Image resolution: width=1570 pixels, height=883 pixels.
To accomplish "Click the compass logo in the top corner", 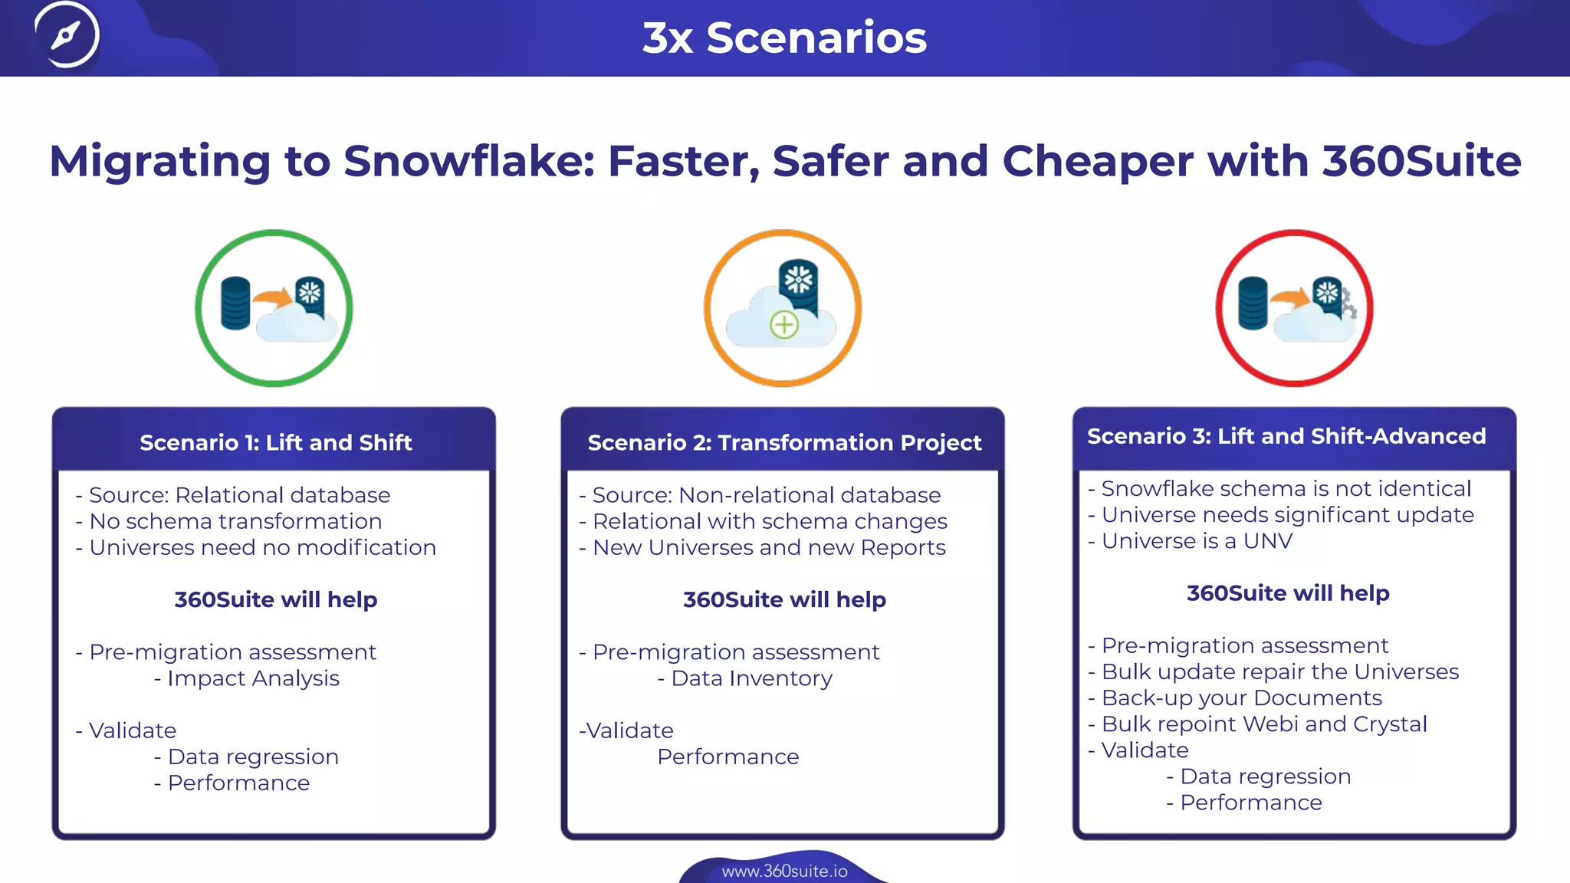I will tap(67, 35).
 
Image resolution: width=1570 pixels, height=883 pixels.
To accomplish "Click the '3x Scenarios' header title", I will tap(784, 38).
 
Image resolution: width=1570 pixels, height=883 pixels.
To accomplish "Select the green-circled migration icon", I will tap(274, 308).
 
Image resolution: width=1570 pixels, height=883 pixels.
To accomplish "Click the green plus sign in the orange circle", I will tap(783, 325).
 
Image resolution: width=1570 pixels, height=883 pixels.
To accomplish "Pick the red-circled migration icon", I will tap(1294, 308).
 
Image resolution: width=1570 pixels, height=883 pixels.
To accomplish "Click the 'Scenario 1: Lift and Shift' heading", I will tap(275, 442).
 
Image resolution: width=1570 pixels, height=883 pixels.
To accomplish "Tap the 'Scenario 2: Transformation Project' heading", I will tap(784, 442).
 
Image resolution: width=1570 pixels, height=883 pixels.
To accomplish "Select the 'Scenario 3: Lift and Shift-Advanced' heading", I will tap(1286, 436).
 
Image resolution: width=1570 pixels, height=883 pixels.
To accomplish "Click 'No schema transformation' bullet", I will tap(235, 521).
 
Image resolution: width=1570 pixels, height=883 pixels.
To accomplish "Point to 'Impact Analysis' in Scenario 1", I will tap(253, 678).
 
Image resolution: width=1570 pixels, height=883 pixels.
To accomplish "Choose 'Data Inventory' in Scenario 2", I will tap(751, 678).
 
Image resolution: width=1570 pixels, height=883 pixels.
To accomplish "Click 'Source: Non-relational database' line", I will tap(766, 495).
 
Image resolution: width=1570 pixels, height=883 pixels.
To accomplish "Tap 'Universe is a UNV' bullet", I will tap(1197, 541).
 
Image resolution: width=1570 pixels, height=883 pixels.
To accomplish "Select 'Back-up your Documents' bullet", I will tap(1241, 698).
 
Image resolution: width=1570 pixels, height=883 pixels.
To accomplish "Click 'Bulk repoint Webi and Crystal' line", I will tap(1264, 724).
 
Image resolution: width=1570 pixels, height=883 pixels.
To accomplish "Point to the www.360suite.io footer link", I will tap(784, 871).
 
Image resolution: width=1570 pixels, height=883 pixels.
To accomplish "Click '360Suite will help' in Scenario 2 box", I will tap(784, 599).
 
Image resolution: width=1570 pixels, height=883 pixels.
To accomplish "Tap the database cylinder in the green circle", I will tap(235, 304).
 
